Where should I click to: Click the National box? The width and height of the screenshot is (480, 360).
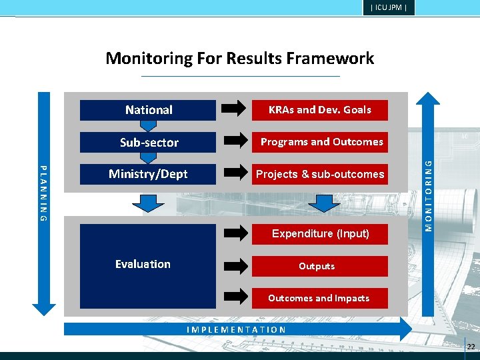pyautogui.click(x=148, y=110)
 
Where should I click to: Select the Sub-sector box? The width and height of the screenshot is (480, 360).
pyautogui.click(x=148, y=142)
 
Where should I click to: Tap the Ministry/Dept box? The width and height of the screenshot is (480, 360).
pyautogui.click(x=148, y=174)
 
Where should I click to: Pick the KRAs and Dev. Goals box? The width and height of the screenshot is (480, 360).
pyautogui.click(x=319, y=110)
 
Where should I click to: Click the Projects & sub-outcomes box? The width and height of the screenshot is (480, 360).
pyautogui.click(x=320, y=174)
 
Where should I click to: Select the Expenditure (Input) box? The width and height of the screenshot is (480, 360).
pyautogui.click(x=320, y=233)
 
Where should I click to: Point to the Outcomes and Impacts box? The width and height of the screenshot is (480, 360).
pyautogui.click(x=319, y=298)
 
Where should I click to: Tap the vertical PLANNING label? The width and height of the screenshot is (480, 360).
pyautogui.click(x=43, y=193)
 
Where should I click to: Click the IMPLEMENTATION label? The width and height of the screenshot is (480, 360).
pyautogui.click(x=237, y=329)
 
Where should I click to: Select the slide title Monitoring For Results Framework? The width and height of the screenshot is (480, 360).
pyautogui.click(x=240, y=59)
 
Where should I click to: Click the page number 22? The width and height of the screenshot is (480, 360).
pyautogui.click(x=471, y=346)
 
